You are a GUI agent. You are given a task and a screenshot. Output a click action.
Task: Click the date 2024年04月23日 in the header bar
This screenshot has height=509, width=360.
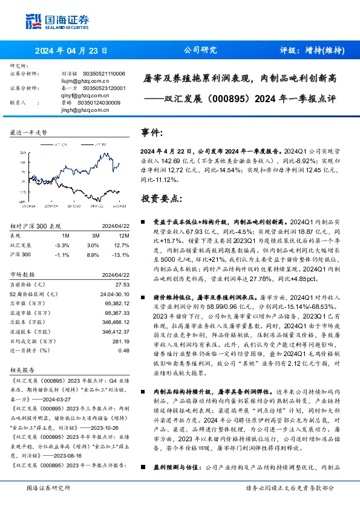[72, 50]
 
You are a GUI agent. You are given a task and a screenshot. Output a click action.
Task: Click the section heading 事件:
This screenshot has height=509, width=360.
[151, 132]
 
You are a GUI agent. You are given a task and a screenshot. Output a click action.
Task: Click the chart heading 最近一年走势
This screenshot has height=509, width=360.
[28, 132]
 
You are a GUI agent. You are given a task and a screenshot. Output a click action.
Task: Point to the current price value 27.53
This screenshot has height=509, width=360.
[123, 284]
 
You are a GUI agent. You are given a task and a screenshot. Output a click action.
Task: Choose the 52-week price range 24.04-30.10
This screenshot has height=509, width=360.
[115, 293]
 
